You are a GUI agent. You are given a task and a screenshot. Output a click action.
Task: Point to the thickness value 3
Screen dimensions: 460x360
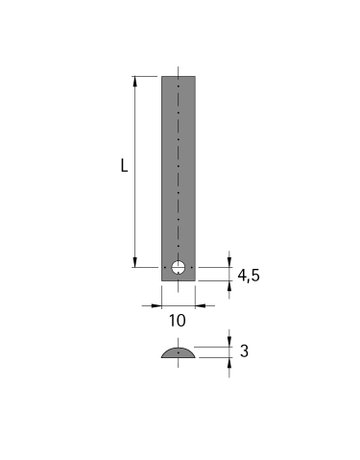pos(244,351)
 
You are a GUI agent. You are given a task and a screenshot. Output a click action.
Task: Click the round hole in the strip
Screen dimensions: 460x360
pos(178,267)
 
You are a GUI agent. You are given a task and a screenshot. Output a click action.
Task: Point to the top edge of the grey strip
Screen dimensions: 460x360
pos(178,76)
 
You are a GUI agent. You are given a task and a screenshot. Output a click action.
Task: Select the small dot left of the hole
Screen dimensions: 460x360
pos(165,267)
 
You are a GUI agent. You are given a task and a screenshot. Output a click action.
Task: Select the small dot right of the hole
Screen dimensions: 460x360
pos(191,267)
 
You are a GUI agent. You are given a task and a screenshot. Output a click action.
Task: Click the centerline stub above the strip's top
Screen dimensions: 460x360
pos(178,71)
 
